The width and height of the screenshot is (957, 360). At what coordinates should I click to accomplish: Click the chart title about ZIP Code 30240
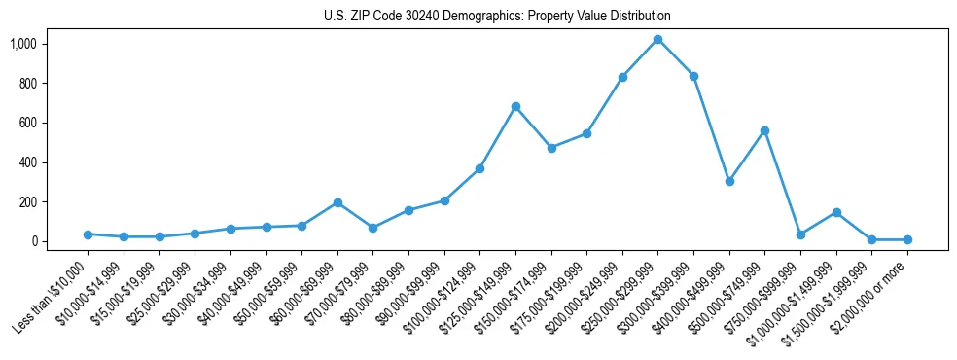coord(497,16)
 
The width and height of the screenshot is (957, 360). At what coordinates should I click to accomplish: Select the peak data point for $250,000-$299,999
coord(658,40)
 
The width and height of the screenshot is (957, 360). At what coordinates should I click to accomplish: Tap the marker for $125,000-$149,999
coord(515,106)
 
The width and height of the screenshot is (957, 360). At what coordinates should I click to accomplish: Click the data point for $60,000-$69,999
coord(337,202)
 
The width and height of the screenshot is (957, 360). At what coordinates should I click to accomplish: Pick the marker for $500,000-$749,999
coord(765,130)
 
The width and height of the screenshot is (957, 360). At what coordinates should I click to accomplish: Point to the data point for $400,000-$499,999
coord(729,181)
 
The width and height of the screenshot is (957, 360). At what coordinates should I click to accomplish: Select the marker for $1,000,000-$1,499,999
coord(836,212)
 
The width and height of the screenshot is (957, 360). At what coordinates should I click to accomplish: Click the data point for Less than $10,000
coord(89,234)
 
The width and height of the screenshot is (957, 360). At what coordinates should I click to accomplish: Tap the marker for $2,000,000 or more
coord(907,239)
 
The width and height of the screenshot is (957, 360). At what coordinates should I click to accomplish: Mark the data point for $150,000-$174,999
coord(551,148)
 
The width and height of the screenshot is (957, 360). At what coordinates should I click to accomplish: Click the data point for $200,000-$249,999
coord(622,77)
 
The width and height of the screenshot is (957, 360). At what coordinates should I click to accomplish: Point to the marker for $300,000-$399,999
coord(693,76)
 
